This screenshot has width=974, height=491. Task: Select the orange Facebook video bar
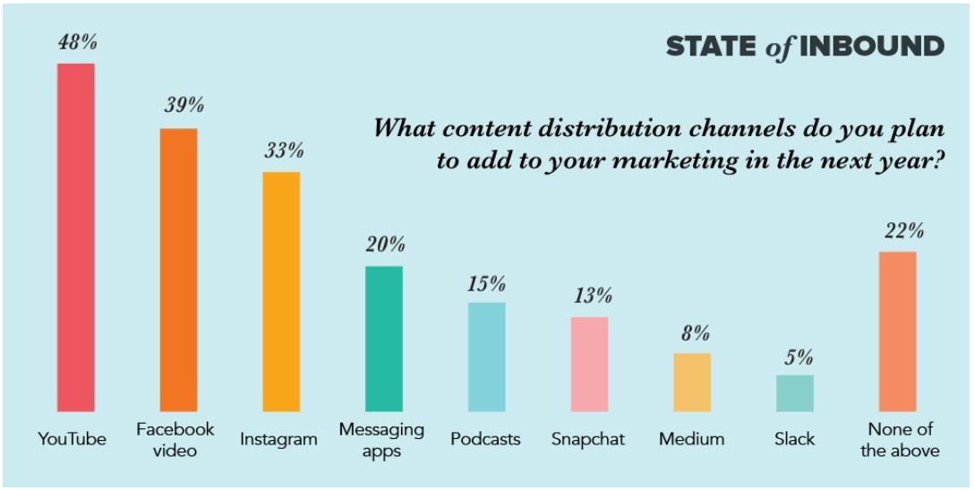[x=178, y=270]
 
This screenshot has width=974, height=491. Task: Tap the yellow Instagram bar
[x=281, y=291]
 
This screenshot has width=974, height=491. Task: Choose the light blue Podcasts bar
[x=486, y=357]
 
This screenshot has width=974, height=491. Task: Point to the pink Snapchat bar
[x=589, y=364]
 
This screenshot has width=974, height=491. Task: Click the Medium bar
[x=692, y=382]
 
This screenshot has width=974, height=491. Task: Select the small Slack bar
[x=795, y=392]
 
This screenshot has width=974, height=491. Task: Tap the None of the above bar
[x=897, y=332]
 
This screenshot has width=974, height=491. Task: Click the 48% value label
[x=76, y=43]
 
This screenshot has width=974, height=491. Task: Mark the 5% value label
[x=796, y=357]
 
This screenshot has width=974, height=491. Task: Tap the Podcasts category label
[x=485, y=439]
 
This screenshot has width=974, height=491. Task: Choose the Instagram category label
[x=278, y=439]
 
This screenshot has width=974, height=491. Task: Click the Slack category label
[x=795, y=439]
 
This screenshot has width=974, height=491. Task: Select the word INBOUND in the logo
[x=871, y=47]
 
